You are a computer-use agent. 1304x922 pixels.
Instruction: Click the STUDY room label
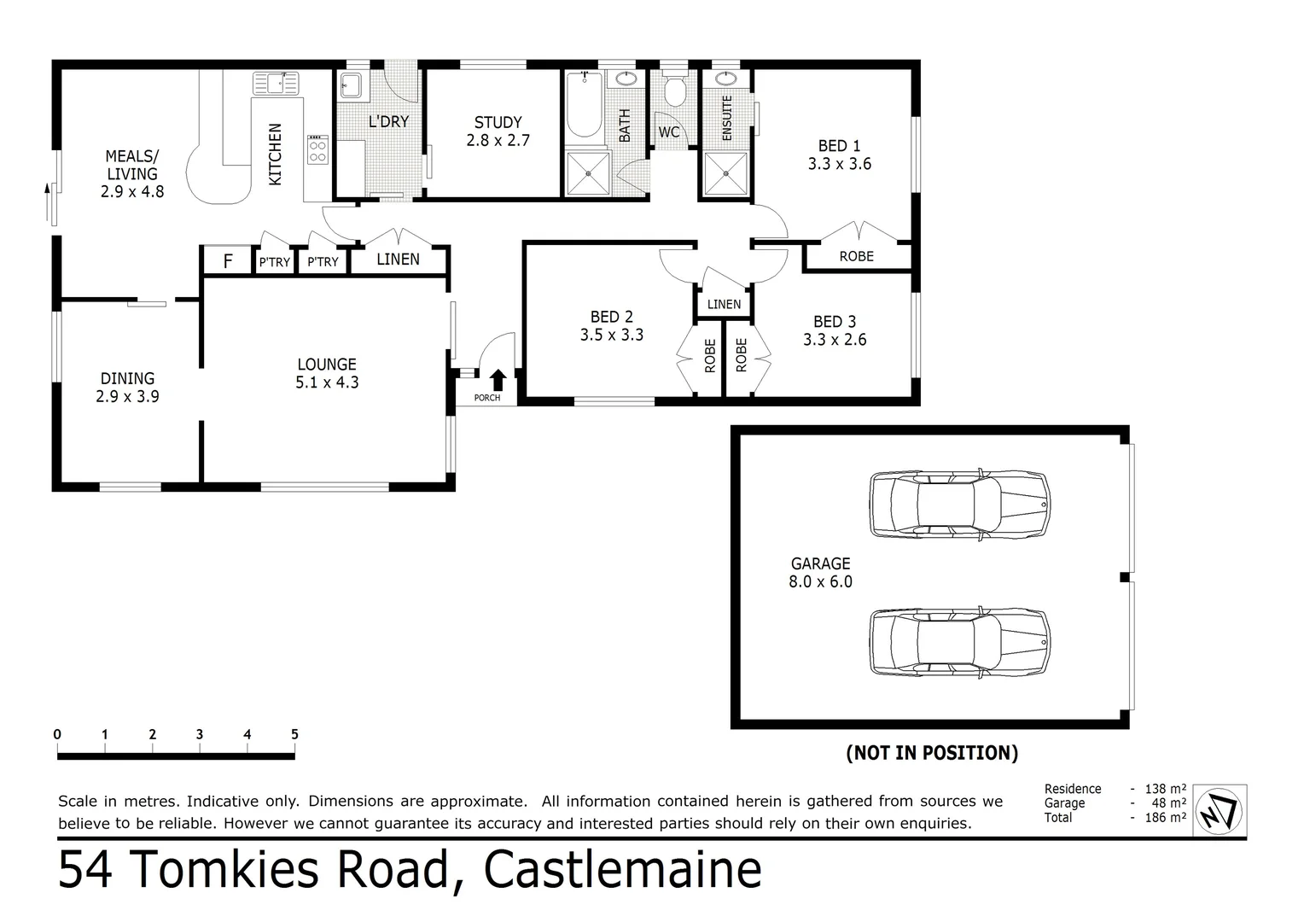click(x=498, y=122)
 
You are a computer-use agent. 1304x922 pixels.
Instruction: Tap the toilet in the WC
click(x=675, y=90)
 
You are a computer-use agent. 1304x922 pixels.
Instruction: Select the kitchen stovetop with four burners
click(x=317, y=150)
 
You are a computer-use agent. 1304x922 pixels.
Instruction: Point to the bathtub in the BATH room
click(x=585, y=107)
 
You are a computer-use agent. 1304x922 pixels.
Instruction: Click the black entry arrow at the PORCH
click(x=498, y=380)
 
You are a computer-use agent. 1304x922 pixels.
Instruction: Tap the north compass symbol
click(x=1219, y=808)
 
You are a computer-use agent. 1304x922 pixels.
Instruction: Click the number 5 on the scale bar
click(x=294, y=734)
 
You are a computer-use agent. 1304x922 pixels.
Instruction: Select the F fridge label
click(x=228, y=261)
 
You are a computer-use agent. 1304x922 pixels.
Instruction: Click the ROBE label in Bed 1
click(x=856, y=256)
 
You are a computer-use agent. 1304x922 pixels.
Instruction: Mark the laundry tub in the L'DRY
click(x=351, y=86)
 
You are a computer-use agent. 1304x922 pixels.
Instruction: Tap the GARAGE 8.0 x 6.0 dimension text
click(x=820, y=581)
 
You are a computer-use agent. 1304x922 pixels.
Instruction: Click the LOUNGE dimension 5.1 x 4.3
click(x=327, y=382)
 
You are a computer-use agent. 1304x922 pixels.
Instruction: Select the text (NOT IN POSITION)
click(x=932, y=753)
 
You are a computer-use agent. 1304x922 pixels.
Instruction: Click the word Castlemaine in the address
click(x=622, y=870)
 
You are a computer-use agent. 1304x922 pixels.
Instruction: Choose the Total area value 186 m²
click(x=1166, y=818)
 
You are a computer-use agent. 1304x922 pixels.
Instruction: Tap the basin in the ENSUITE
click(x=725, y=79)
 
